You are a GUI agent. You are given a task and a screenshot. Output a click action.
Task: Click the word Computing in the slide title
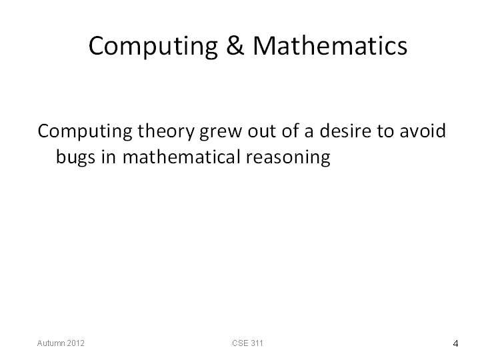click(x=153, y=46)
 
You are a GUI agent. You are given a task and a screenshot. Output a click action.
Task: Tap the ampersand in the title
click(x=235, y=45)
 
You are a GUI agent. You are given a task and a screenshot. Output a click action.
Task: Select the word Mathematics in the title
click(x=330, y=45)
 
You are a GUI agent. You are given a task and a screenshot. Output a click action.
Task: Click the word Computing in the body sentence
click(x=85, y=131)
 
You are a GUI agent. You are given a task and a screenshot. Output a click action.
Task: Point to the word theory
click(x=166, y=131)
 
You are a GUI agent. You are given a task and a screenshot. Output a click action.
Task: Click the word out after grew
click(x=262, y=131)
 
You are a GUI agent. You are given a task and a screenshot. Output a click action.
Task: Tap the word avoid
click(x=423, y=131)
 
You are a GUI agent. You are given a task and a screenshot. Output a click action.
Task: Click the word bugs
click(x=75, y=157)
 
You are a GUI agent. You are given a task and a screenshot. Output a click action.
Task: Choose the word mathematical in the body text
click(x=181, y=157)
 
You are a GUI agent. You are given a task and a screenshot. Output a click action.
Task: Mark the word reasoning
click(x=288, y=157)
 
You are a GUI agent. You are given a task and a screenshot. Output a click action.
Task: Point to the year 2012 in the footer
click(x=75, y=343)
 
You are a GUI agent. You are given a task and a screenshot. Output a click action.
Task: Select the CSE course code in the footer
click(x=240, y=343)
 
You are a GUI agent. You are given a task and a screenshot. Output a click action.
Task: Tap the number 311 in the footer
click(x=257, y=343)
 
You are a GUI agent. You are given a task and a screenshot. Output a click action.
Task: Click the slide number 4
click(x=455, y=344)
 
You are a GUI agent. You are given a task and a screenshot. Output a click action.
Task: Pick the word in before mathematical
click(x=109, y=157)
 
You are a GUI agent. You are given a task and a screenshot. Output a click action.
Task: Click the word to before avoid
click(x=385, y=131)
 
